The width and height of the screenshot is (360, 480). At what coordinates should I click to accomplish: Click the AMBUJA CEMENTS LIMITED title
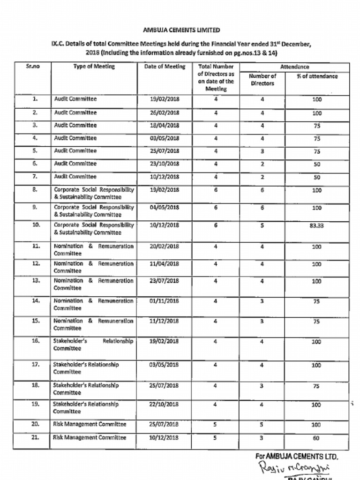(x=181, y=30)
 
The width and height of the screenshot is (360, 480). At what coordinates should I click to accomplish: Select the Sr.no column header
(x=33, y=67)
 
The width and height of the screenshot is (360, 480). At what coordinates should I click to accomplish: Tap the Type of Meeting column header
(x=94, y=67)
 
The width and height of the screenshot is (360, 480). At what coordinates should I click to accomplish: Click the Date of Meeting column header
(x=165, y=67)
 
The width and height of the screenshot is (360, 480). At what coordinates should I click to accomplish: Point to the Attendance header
(x=294, y=67)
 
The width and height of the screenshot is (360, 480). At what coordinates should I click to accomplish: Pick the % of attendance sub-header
(x=317, y=76)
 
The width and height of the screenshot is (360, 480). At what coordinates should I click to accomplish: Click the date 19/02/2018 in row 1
(x=165, y=99)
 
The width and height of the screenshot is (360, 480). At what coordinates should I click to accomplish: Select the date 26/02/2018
(x=165, y=113)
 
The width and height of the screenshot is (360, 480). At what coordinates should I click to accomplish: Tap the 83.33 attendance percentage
(x=316, y=225)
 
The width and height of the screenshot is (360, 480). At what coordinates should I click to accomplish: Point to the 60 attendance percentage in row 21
(x=316, y=438)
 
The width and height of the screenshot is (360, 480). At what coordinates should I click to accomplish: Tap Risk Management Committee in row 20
(x=90, y=424)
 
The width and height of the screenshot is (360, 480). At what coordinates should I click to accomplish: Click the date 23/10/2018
(x=165, y=164)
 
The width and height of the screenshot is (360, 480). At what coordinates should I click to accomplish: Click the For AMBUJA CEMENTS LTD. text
(x=296, y=456)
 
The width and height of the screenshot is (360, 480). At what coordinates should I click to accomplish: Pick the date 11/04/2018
(x=165, y=264)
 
